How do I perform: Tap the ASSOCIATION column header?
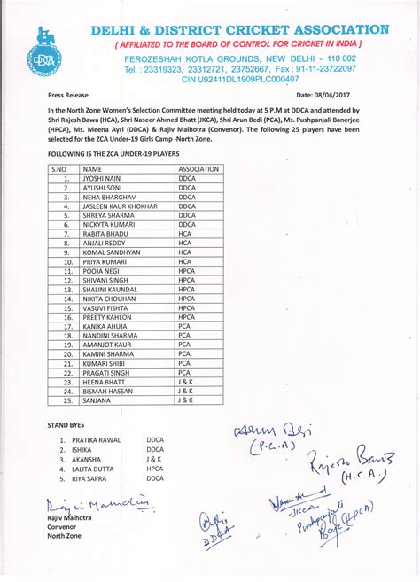[198, 167]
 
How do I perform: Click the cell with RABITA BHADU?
[105, 233]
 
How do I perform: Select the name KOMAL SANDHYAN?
[112, 252]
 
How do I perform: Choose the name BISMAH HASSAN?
[109, 391]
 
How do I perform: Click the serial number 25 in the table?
[66, 400]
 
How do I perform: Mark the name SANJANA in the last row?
[97, 400]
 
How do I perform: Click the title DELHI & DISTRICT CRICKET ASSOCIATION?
[239, 30]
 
